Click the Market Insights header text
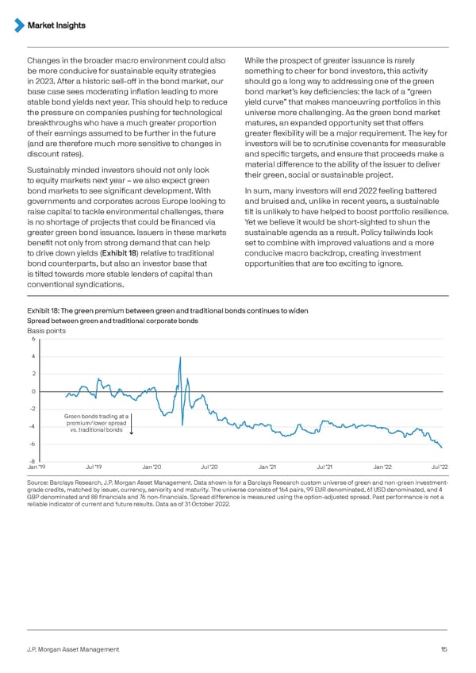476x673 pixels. click(x=56, y=25)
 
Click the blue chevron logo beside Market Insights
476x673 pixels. click(x=20, y=25)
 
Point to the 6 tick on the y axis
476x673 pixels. click(x=33, y=340)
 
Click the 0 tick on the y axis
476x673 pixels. click(x=33, y=391)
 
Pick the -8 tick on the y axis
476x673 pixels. click(x=31, y=461)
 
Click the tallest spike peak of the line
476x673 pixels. click(x=181, y=357)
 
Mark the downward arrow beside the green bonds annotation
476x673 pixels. click(x=132, y=426)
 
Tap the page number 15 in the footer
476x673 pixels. click(x=444, y=649)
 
